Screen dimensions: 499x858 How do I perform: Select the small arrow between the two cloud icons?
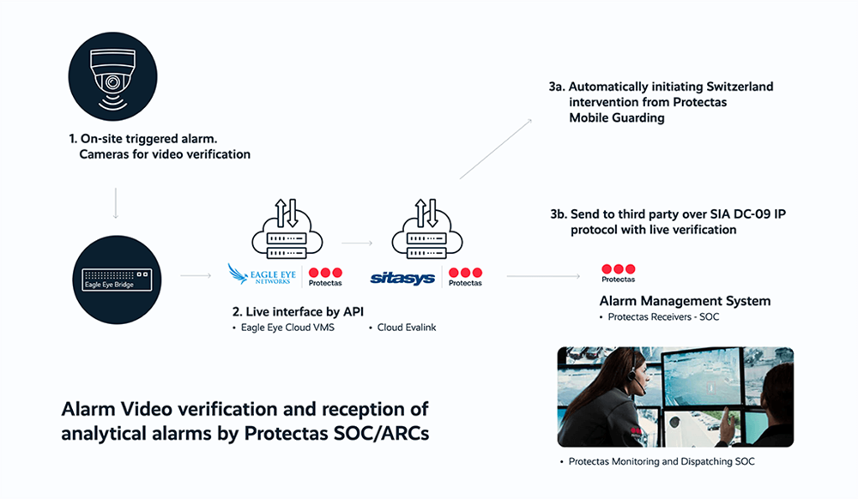tap(357, 243)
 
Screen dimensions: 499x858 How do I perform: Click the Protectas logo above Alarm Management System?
tap(618, 273)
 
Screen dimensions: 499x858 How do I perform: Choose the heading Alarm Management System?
tap(685, 301)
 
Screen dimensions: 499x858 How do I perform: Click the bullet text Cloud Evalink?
tap(407, 328)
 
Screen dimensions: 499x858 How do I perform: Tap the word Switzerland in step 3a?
tap(735, 87)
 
